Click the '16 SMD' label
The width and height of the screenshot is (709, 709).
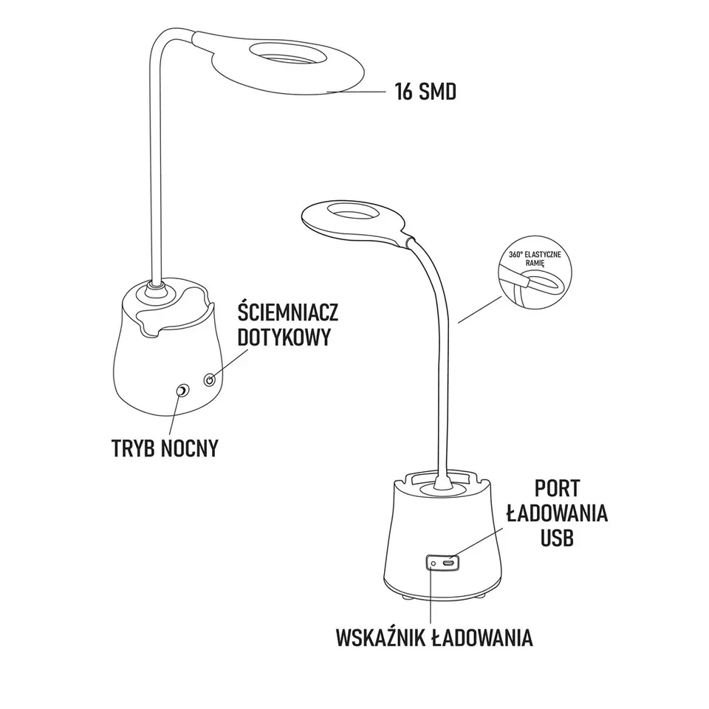(x=425, y=92)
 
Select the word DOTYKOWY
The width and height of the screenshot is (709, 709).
(x=284, y=337)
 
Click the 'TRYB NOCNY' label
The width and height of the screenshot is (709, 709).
(x=165, y=448)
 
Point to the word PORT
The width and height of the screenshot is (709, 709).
(x=557, y=488)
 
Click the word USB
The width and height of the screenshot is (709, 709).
(x=557, y=538)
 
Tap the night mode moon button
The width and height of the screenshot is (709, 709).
(x=182, y=391)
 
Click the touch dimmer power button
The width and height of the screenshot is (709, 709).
(x=209, y=380)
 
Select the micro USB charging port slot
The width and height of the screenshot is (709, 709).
(x=448, y=564)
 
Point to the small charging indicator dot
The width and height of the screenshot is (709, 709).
(x=434, y=564)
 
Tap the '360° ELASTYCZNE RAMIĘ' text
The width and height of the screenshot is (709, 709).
(x=535, y=258)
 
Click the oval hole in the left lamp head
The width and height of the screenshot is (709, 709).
(x=289, y=52)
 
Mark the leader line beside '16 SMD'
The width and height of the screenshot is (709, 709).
(x=356, y=92)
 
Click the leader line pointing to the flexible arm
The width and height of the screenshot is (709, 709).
(x=479, y=309)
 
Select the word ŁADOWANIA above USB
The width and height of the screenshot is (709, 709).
(x=557, y=513)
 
